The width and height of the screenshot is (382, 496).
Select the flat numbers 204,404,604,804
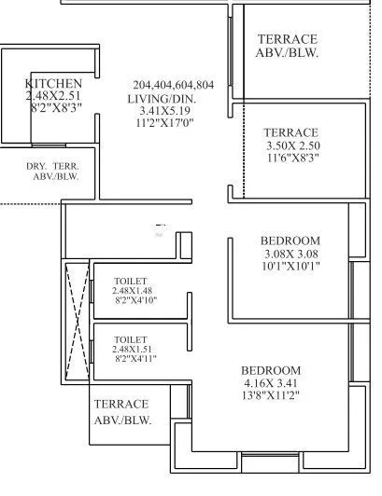(x=173, y=85)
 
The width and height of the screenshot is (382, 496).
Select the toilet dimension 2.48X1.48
(x=130, y=291)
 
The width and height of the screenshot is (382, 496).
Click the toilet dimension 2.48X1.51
(x=130, y=349)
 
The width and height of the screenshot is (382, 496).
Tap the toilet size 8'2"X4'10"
(x=130, y=300)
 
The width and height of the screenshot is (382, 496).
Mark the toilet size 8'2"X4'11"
(x=130, y=359)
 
